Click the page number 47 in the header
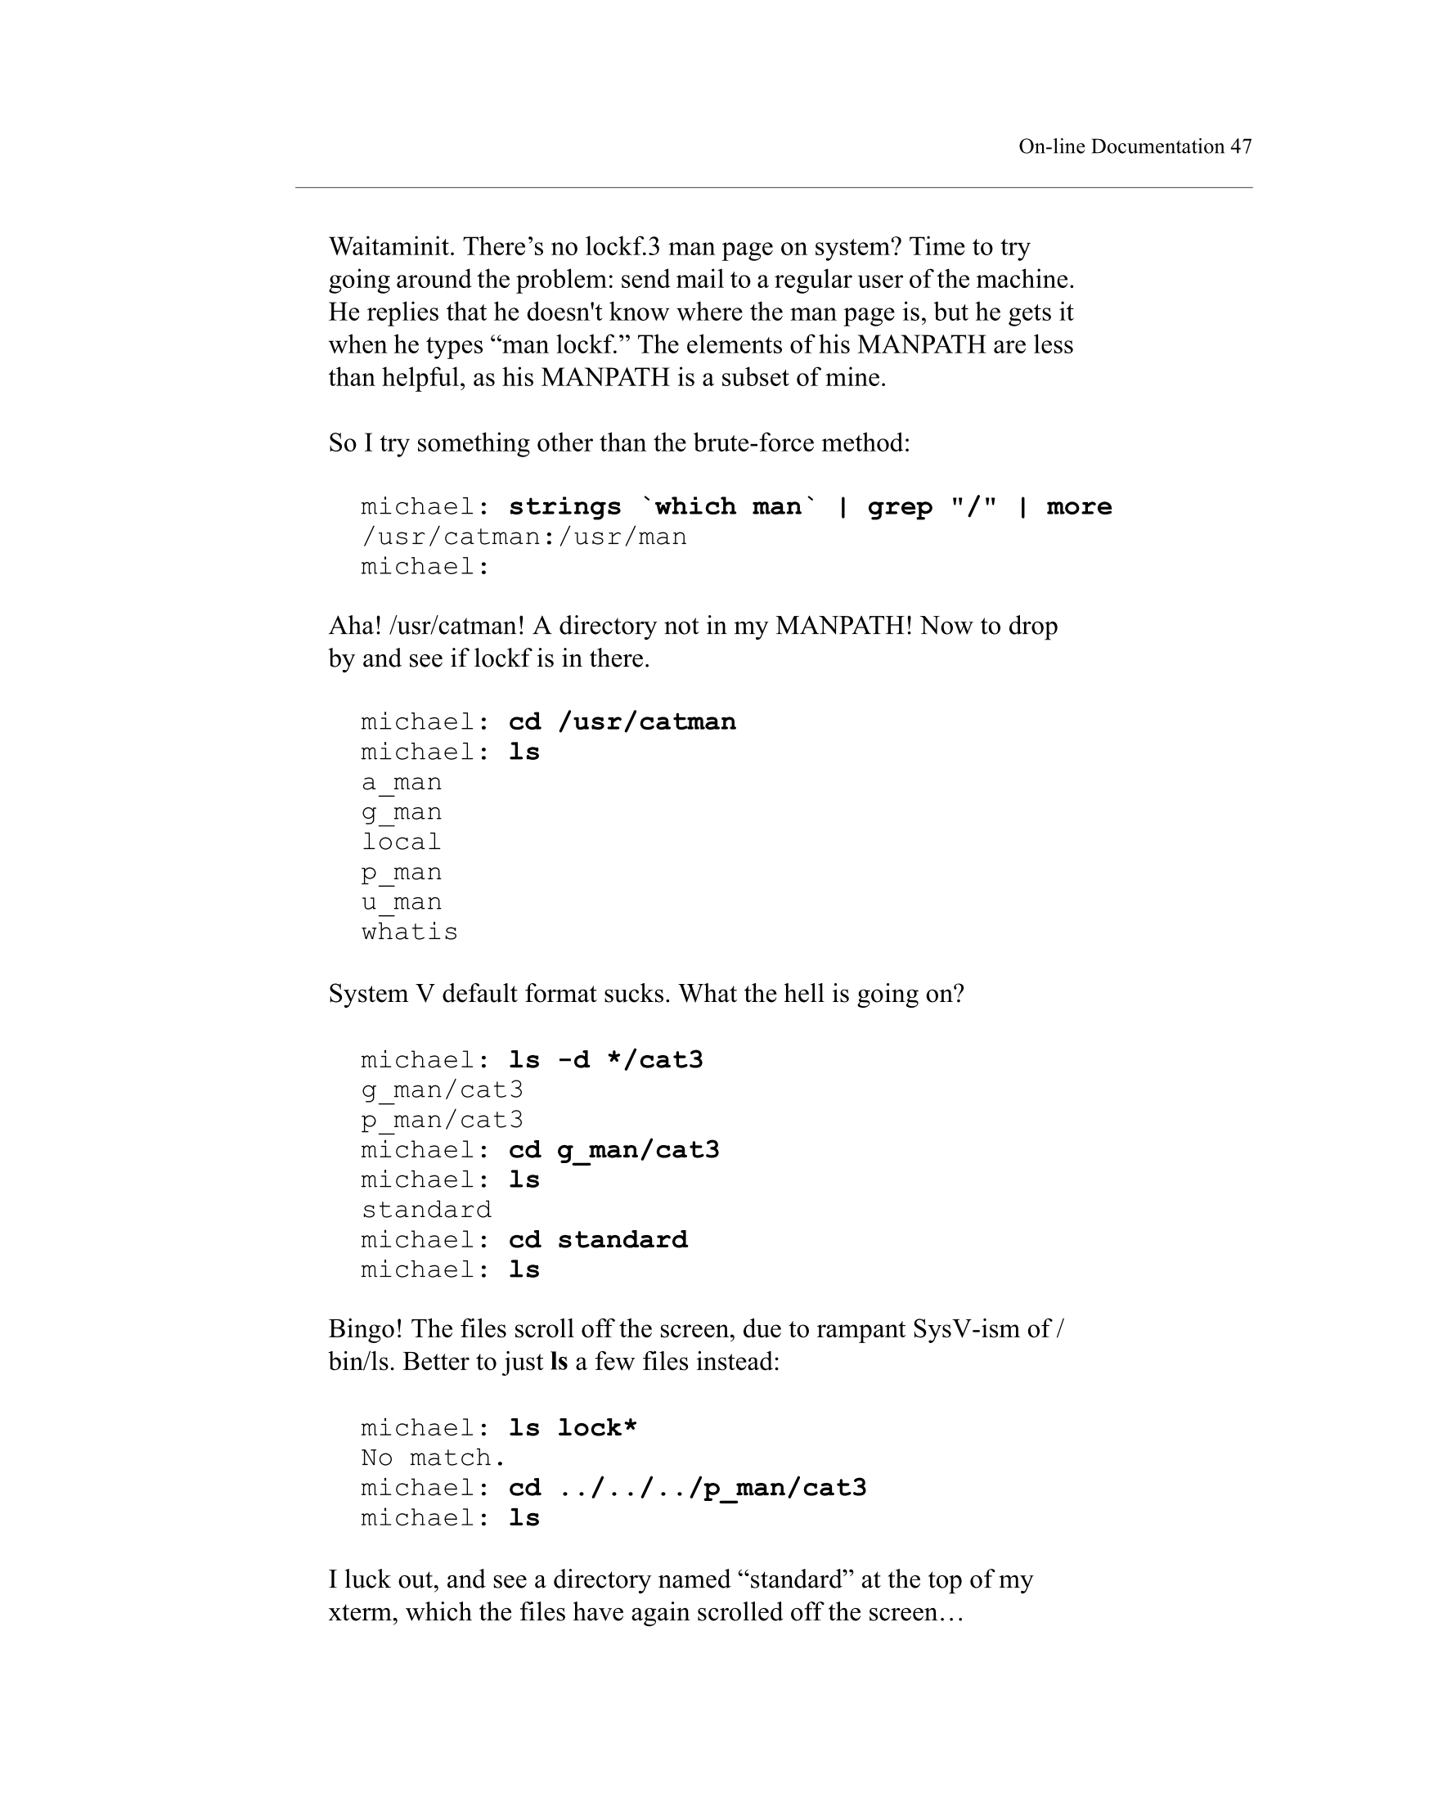[1240, 146]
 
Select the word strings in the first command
[565, 507]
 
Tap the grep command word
[899, 507]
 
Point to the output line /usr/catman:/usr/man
[524, 537]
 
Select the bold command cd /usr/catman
[622, 722]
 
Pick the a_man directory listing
[402, 783]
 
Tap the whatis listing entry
[410, 932]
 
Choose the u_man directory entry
[402, 902]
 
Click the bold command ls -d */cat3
[605, 1060]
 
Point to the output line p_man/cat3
[442, 1121]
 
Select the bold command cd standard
[598, 1240]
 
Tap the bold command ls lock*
[573, 1429]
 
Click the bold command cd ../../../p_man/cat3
[687, 1489]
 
